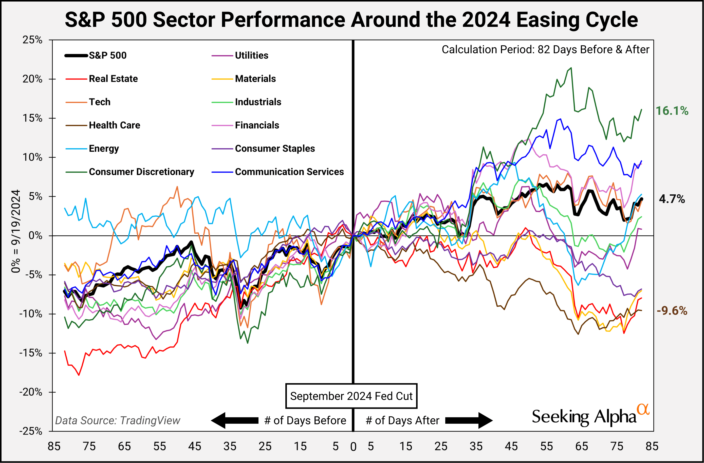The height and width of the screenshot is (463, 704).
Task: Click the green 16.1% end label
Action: pyautogui.click(x=672, y=111)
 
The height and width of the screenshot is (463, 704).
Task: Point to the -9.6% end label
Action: pyautogui.click(x=672, y=311)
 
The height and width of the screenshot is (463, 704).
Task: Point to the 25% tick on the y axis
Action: pyautogui.click(x=32, y=40)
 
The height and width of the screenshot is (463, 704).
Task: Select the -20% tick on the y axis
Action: pyautogui.click(x=31, y=392)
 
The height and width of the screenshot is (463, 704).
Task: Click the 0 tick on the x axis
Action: pyautogui.click(x=353, y=447)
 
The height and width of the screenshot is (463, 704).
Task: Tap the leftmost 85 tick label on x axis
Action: pyautogui.click(x=54, y=446)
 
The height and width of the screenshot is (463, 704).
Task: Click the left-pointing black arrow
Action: pyautogui.click(x=235, y=420)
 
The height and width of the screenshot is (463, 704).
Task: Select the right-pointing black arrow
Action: pyautogui.click(x=469, y=420)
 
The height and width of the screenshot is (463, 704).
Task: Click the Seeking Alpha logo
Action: pyautogui.click(x=590, y=417)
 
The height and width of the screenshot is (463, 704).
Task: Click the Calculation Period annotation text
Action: pyautogui.click(x=545, y=50)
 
